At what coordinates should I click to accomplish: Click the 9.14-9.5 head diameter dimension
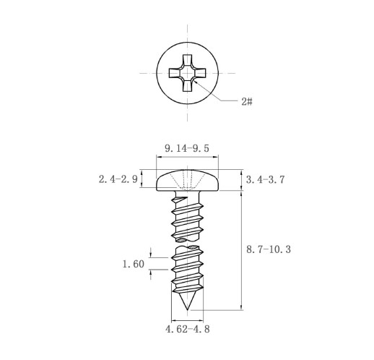(187, 148)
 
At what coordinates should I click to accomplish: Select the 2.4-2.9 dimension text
(118, 179)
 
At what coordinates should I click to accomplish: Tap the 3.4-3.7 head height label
(265, 180)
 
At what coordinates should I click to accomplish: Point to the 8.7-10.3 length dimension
(269, 249)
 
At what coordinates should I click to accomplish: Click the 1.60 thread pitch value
(134, 264)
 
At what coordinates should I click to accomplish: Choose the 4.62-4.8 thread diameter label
(188, 329)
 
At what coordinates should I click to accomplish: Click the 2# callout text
(247, 102)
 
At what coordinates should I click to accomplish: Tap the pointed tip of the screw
(187, 309)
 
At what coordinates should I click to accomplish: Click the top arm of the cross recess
(187, 59)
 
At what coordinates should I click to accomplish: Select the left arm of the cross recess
(174, 73)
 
